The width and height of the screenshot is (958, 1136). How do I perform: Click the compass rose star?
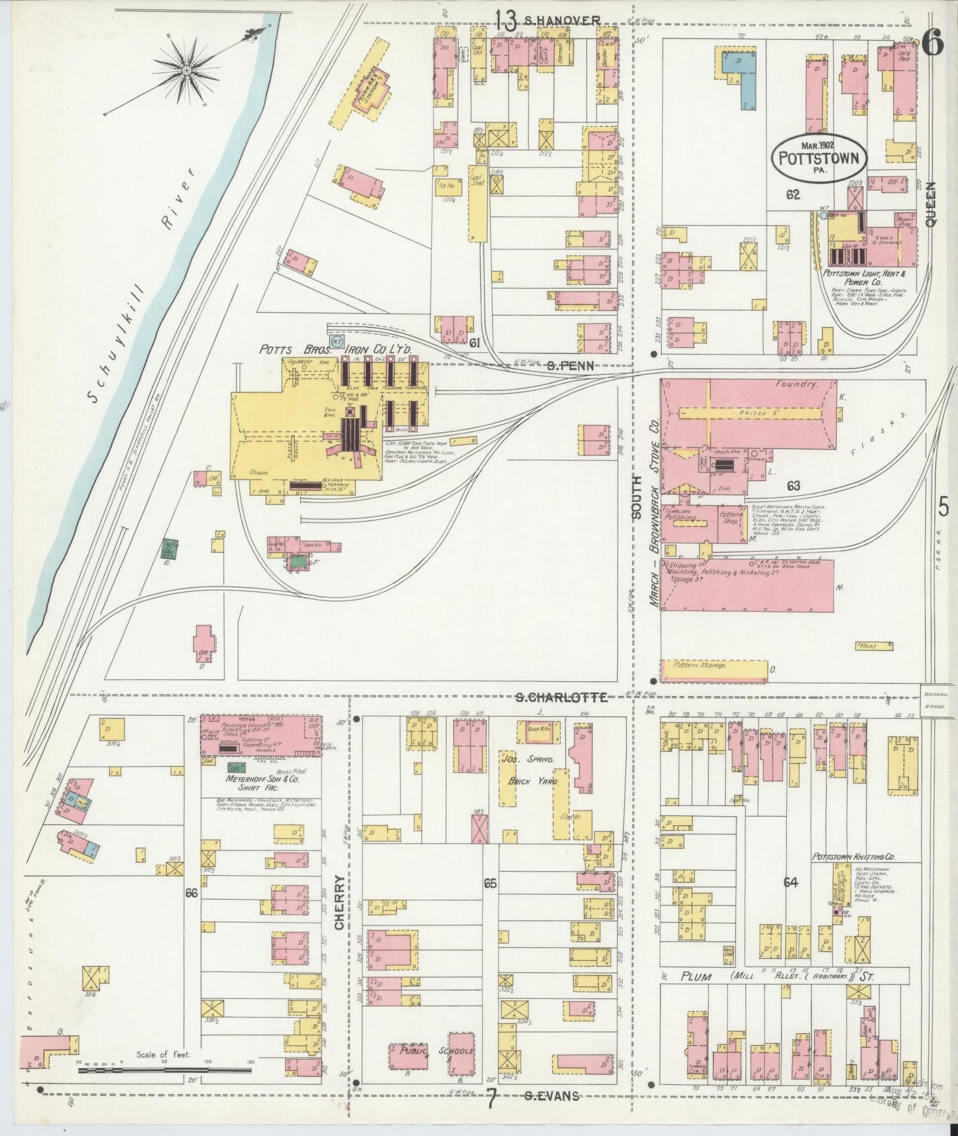pyautogui.click(x=187, y=68)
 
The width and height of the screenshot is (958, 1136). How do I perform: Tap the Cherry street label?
pyautogui.click(x=339, y=901)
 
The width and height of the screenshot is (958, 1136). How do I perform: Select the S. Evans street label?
pyautogui.click(x=550, y=1096)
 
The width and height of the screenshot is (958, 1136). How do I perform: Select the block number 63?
pyautogui.click(x=793, y=486)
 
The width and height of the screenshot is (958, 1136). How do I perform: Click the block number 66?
pyautogui.click(x=192, y=893)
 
